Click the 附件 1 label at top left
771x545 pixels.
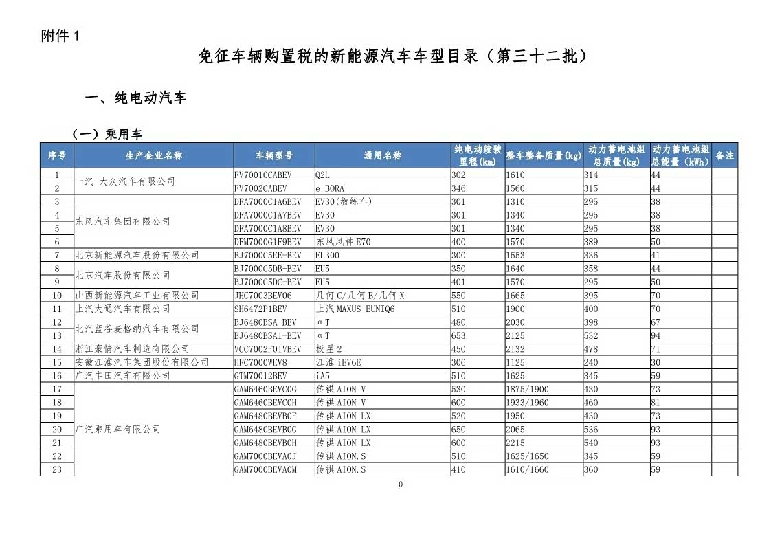coord(60,36)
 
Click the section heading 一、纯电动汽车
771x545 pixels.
coord(135,98)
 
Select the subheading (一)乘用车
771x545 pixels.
coord(107,134)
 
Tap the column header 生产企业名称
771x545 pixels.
coord(154,156)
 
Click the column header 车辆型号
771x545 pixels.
coord(274,156)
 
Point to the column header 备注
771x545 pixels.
coord(724,156)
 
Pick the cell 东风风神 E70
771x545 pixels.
coord(343,242)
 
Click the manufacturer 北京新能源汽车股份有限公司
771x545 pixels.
coord(137,255)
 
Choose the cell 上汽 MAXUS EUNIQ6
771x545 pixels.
coord(355,309)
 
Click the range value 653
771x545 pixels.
coord(458,336)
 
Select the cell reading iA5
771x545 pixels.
coord(323,376)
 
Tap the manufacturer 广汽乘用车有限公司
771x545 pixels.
coord(118,430)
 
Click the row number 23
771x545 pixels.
coord(57,470)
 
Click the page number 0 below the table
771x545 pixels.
coord(401,485)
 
